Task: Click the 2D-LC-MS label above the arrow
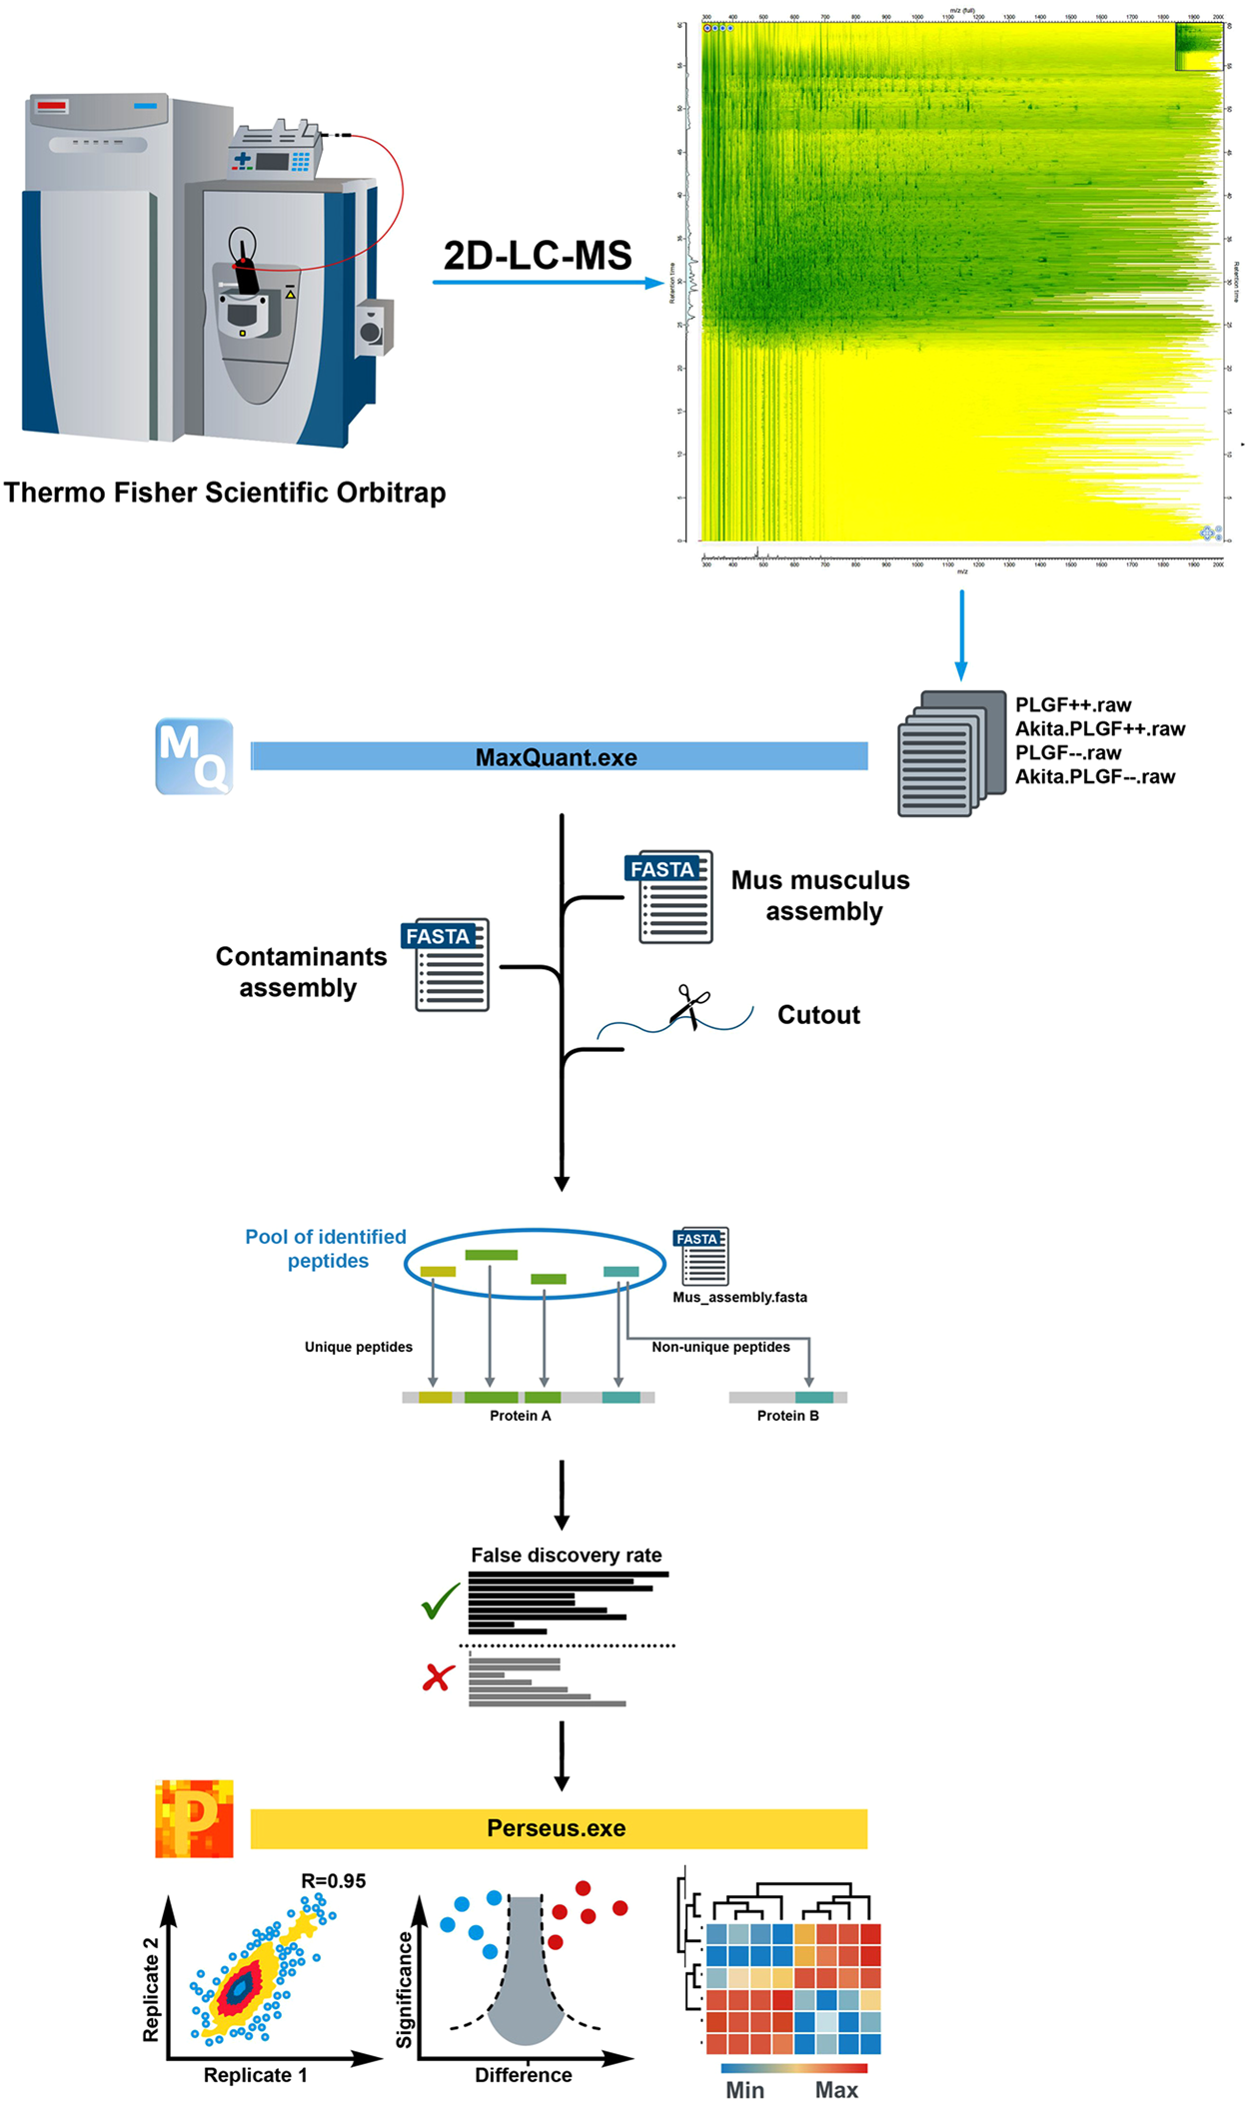coord(538,256)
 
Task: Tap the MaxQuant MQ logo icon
coord(195,756)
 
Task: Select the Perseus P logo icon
coord(195,1817)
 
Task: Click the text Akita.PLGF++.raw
coord(1099,728)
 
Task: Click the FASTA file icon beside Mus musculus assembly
coord(675,896)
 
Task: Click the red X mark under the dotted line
coord(438,1677)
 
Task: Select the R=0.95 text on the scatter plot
coord(333,1880)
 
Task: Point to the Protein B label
coord(787,1415)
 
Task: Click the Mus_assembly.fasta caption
coord(739,1297)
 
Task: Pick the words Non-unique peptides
coord(720,1347)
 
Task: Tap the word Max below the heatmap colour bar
coord(836,2089)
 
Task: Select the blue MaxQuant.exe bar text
coord(556,757)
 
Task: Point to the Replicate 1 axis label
coord(255,2074)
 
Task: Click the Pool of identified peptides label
coord(326,1248)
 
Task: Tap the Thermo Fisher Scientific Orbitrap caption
coord(225,493)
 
